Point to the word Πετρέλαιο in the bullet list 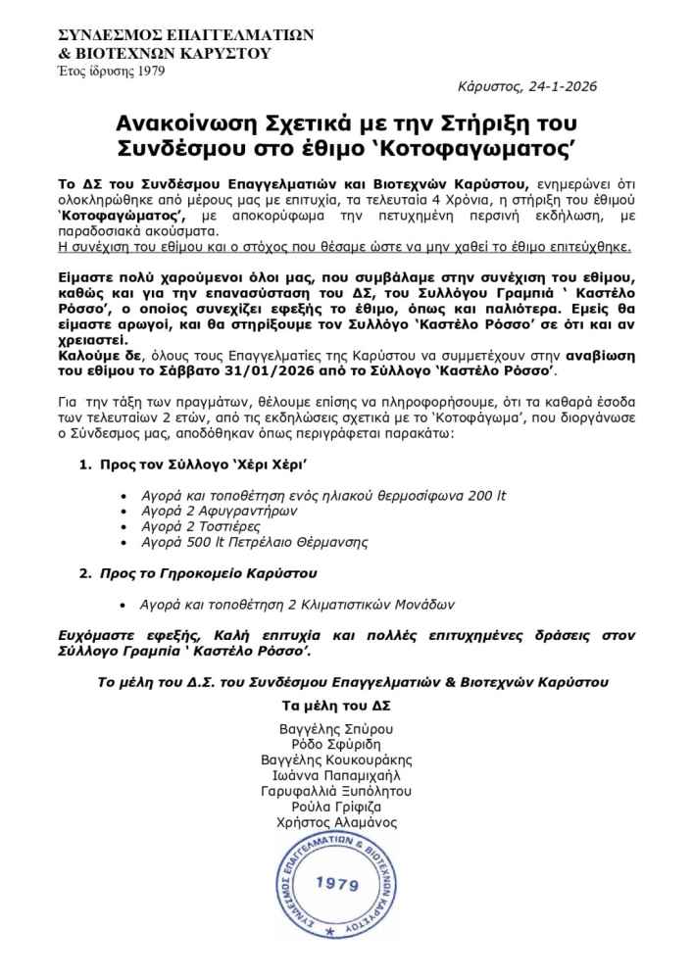coord(261,542)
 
